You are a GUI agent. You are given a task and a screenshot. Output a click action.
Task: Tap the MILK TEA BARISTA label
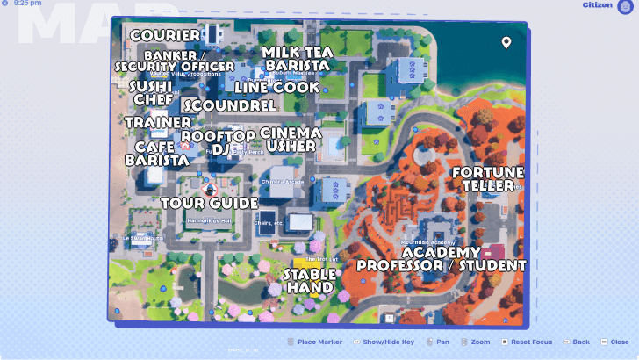pyautogui.click(x=296, y=58)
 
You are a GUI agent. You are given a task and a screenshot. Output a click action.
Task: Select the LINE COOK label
pyautogui.click(x=276, y=87)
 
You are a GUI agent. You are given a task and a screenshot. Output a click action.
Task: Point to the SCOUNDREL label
pyautogui.click(x=231, y=105)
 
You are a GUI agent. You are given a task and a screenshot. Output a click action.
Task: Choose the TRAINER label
pyautogui.click(x=157, y=122)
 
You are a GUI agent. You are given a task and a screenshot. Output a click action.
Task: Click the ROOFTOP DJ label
pyautogui.click(x=218, y=142)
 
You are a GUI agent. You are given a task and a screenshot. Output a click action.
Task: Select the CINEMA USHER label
pyautogui.click(x=291, y=139)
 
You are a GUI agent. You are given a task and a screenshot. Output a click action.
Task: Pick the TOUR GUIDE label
pyautogui.click(x=209, y=204)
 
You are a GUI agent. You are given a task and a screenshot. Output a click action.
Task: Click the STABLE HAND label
pyautogui.click(x=309, y=280)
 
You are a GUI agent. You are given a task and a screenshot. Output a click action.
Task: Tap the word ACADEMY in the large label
pyautogui.click(x=441, y=253)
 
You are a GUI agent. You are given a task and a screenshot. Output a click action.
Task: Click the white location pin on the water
pyautogui.click(x=506, y=43)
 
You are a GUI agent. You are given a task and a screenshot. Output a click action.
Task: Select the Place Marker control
pyautogui.click(x=318, y=342)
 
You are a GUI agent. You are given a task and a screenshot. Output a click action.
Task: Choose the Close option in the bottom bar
pyautogui.click(x=619, y=342)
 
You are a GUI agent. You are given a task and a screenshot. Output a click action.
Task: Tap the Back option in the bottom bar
pyautogui.click(x=580, y=342)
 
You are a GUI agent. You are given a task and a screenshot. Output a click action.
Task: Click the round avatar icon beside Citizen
pyautogui.click(x=625, y=7)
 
